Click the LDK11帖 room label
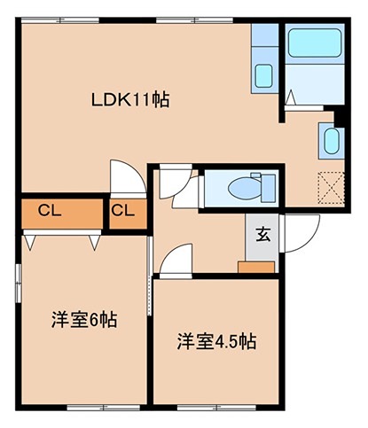131,99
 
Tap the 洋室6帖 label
83,320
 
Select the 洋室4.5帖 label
216,340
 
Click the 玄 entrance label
263,235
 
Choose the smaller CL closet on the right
124,211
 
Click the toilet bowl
239,187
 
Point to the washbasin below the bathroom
330,141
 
